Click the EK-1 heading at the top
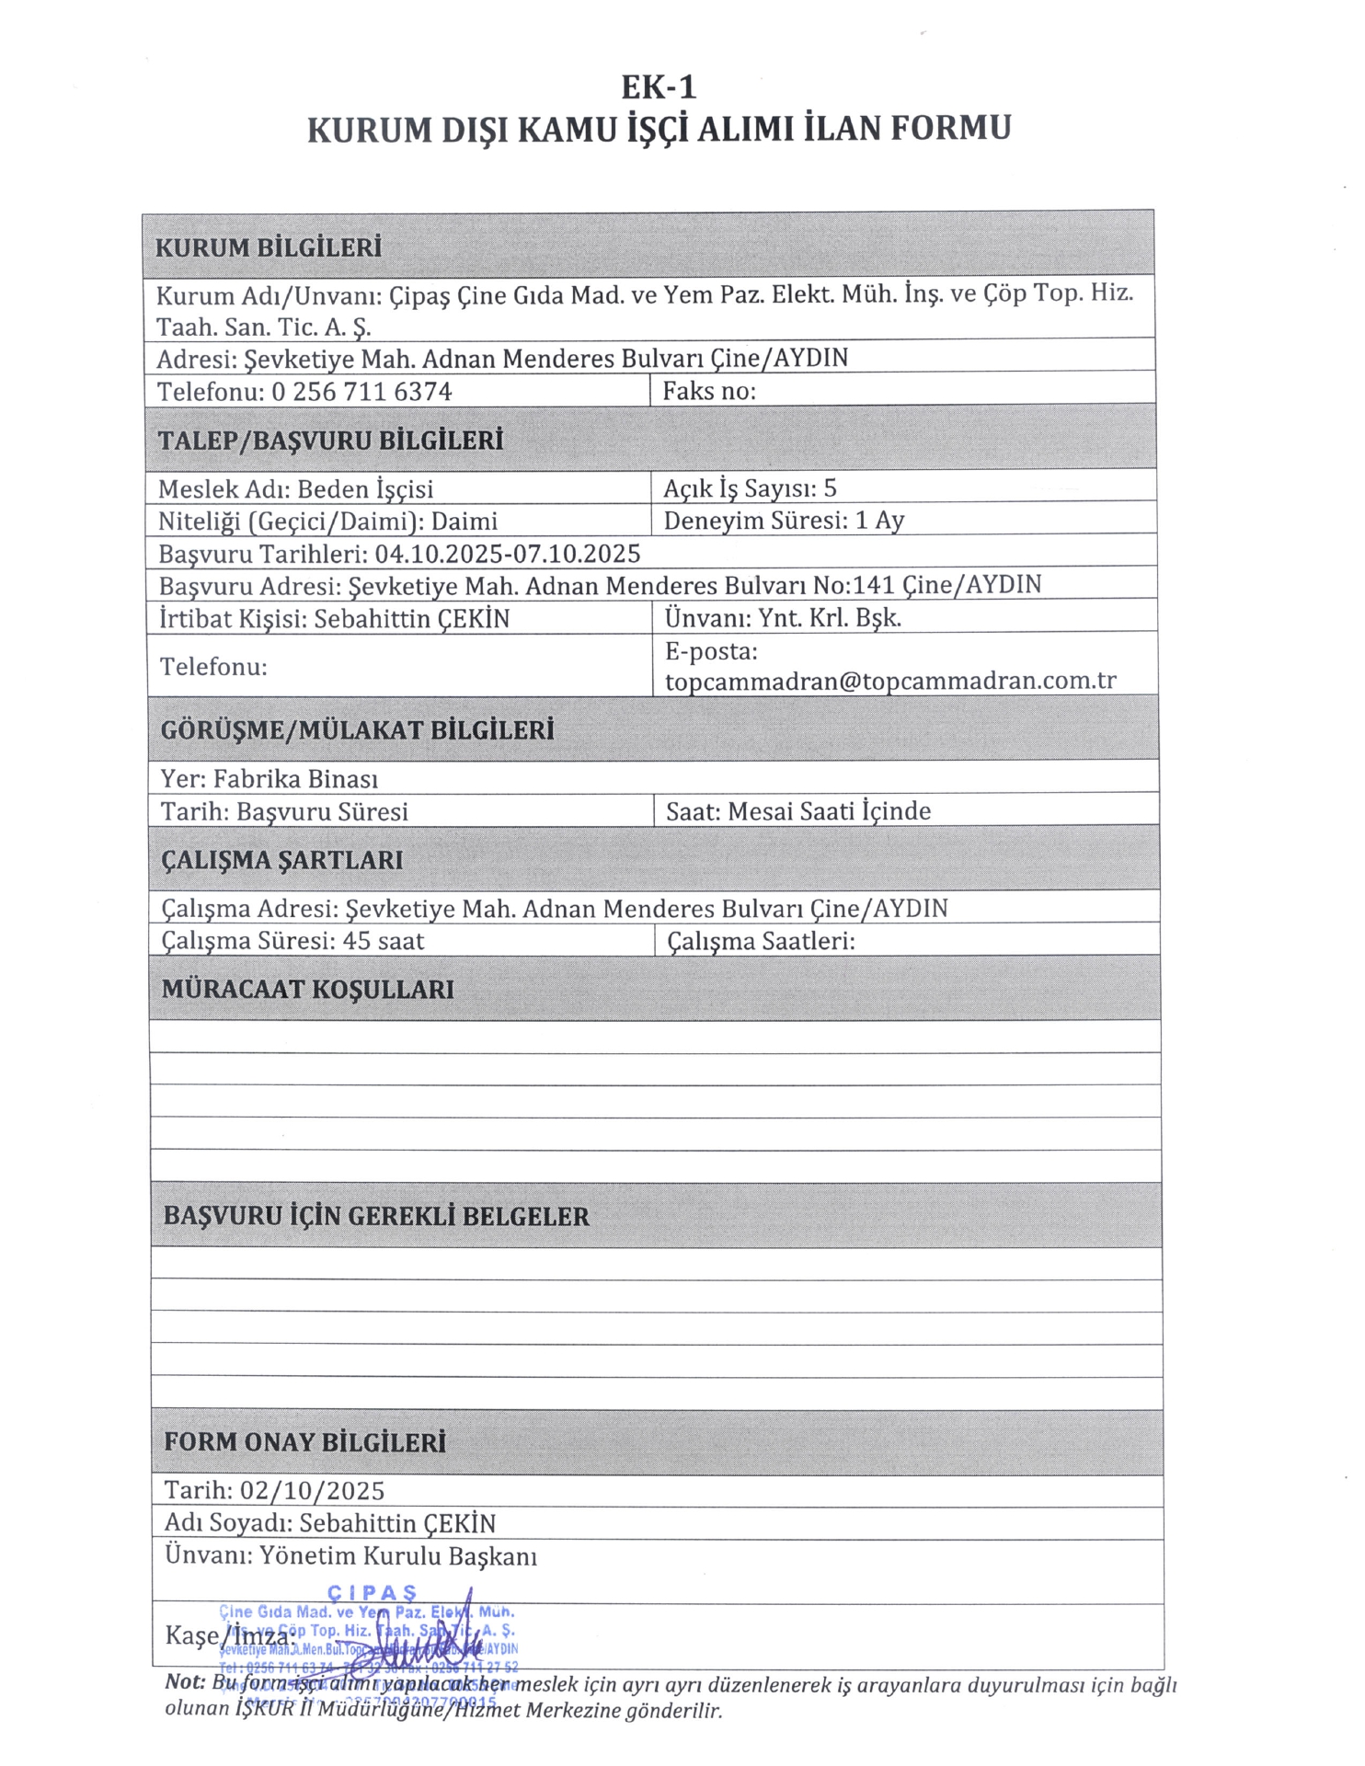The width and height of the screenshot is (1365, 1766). [659, 87]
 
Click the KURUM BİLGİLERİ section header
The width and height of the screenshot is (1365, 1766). [268, 248]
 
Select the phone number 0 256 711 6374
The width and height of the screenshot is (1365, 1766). [361, 392]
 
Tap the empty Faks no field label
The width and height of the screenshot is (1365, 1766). [709, 391]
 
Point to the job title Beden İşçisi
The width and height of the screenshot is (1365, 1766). [365, 488]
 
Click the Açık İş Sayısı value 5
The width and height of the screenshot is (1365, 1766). [831, 487]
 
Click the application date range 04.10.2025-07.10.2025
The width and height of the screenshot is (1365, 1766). [507, 554]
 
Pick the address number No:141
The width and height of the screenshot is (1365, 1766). [855, 585]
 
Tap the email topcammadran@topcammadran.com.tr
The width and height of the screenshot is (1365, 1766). [890, 682]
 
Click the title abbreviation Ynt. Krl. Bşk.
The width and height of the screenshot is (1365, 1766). [830, 617]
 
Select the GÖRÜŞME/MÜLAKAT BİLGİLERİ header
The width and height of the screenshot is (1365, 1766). [358, 730]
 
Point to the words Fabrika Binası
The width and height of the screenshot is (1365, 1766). [295, 779]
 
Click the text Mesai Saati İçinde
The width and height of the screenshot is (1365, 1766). [830, 811]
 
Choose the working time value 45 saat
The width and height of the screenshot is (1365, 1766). [384, 941]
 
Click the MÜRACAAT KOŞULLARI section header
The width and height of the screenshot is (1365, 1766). [308, 990]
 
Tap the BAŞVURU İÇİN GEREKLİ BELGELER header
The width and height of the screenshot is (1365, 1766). [376, 1217]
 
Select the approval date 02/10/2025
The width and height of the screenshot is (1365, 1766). [313, 1491]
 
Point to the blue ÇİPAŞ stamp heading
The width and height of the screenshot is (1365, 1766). [373, 1593]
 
